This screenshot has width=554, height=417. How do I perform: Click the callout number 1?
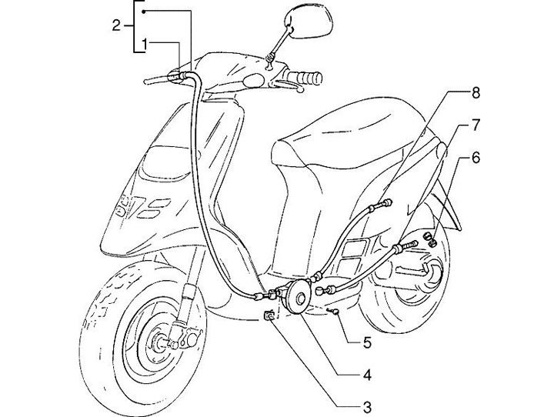click(x=145, y=43)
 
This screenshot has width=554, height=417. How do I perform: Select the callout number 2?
click(x=116, y=25)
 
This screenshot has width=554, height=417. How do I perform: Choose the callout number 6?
click(x=476, y=158)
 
